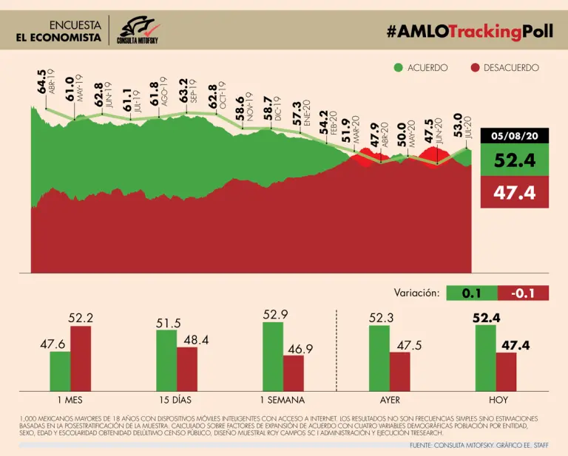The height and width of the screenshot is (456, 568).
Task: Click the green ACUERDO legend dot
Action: pos(399,68)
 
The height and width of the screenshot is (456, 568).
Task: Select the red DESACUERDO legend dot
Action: pos(476,68)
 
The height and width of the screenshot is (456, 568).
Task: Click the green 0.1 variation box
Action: pos(472,293)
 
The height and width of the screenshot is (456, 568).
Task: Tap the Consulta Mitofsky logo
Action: pos(143,30)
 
